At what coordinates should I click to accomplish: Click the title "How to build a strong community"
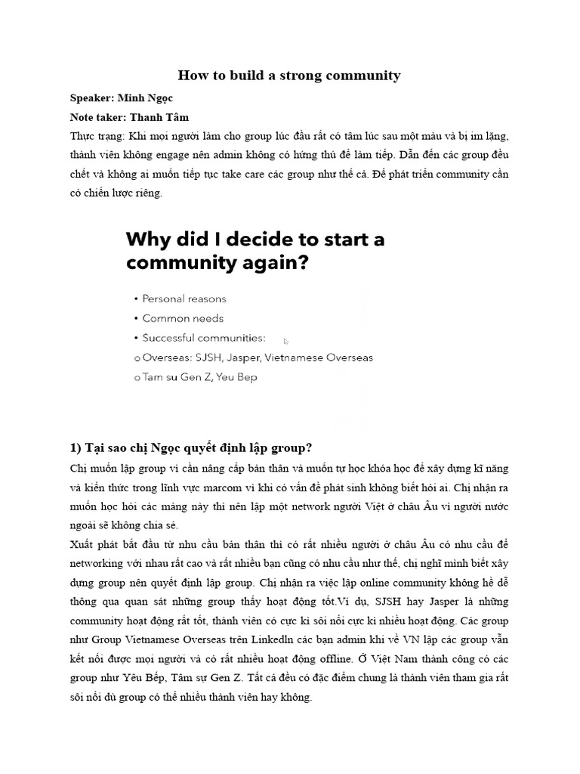pyautogui.click(x=289, y=75)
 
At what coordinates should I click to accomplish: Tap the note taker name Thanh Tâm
pyautogui.click(x=159, y=117)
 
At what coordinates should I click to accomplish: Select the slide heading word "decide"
pyautogui.click(x=249, y=240)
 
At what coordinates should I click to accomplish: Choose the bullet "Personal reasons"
pyautogui.click(x=184, y=299)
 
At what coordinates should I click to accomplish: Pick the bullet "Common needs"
pyautogui.click(x=182, y=318)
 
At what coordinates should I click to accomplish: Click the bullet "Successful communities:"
pyautogui.click(x=203, y=338)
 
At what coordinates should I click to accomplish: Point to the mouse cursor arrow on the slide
pyautogui.click(x=286, y=341)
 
